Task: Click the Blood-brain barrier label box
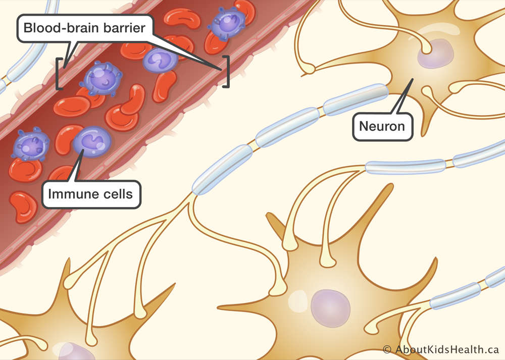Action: click(85, 28)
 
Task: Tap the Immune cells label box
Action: click(91, 194)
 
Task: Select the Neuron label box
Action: click(382, 127)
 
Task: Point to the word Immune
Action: click(69, 194)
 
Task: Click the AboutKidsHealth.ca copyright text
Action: click(440, 350)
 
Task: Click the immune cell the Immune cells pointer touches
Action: click(92, 142)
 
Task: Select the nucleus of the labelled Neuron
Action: click(435, 54)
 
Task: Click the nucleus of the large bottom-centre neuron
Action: click(330, 308)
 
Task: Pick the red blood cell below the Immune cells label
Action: click(23, 207)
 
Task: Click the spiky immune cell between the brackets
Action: click(101, 79)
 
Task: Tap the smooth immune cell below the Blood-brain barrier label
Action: click(160, 60)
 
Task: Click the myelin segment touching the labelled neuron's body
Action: click(355, 99)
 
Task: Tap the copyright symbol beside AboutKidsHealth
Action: click(387, 350)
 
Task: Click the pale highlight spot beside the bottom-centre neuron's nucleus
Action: click(298, 301)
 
